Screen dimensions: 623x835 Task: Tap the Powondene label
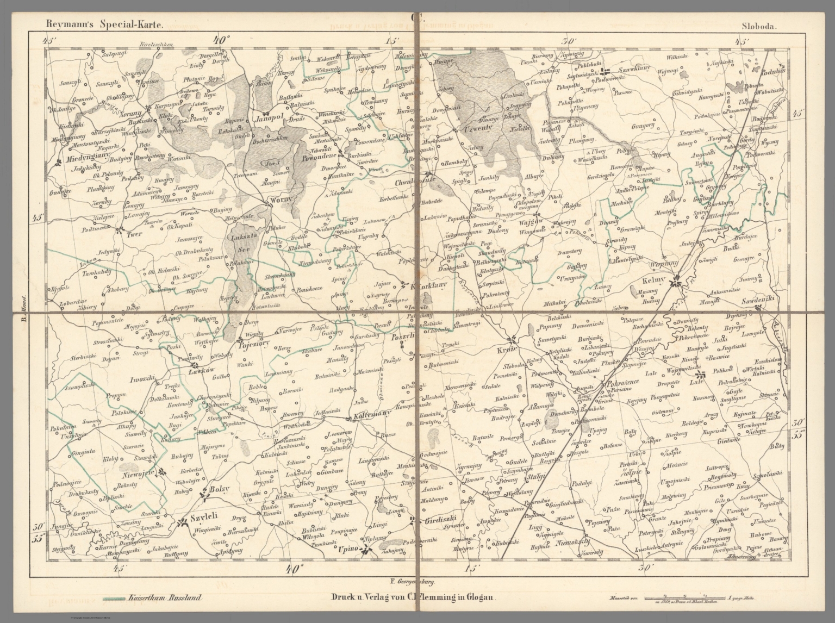pos(320,157)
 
